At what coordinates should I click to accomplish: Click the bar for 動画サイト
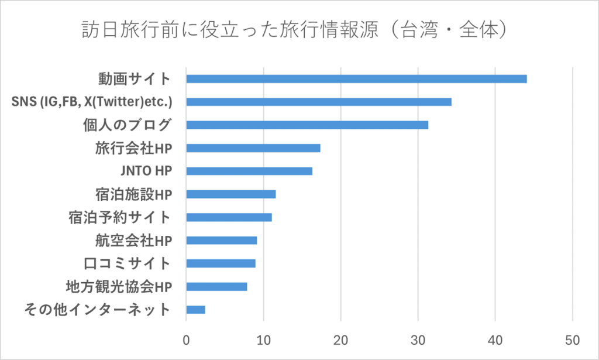pyautogui.click(x=356, y=79)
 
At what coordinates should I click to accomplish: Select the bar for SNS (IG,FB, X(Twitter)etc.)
pyautogui.click(x=319, y=102)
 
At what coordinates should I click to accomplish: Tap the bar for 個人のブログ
pyautogui.click(x=307, y=125)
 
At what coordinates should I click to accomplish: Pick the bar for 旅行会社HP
pyautogui.click(x=253, y=148)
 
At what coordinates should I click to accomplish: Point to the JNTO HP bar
pyautogui.click(x=249, y=171)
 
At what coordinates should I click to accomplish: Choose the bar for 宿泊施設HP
pyautogui.click(x=231, y=194)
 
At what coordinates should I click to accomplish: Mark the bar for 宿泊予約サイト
pyautogui.click(x=229, y=217)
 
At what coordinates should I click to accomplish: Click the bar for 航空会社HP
pyautogui.click(x=222, y=241)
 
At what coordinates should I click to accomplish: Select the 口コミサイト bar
pyautogui.click(x=221, y=263)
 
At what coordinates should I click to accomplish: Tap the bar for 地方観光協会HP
pyautogui.click(x=216, y=286)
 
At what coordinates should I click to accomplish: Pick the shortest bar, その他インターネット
pyautogui.click(x=195, y=310)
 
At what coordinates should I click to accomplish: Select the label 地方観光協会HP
pyautogui.click(x=119, y=286)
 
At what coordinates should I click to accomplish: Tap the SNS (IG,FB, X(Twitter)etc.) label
pyautogui.click(x=92, y=102)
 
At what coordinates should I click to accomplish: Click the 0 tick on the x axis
pyautogui.click(x=186, y=340)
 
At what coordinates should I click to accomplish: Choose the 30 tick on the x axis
pyautogui.click(x=418, y=340)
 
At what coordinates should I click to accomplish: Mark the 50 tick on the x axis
pyautogui.click(x=573, y=340)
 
